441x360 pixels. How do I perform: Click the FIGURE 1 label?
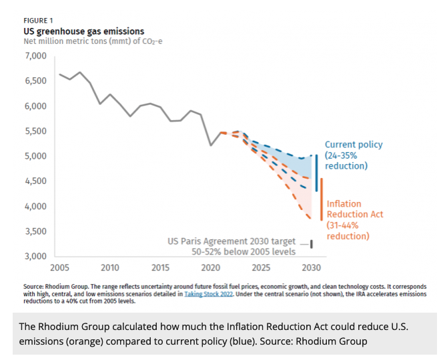tap(38, 21)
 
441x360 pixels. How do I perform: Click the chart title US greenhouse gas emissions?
tap(83, 31)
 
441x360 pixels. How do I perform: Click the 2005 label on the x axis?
tap(59, 268)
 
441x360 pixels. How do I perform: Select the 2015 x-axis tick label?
tap(160, 268)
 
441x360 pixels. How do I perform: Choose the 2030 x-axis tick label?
tap(311, 268)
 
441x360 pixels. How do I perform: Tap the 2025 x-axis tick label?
tap(261, 268)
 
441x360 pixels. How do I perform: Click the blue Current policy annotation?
tap(354, 155)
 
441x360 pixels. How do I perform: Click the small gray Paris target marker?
tap(312, 244)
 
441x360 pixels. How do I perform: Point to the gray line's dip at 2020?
tap(211, 145)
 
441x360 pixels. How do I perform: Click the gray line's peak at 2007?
tap(80, 72)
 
